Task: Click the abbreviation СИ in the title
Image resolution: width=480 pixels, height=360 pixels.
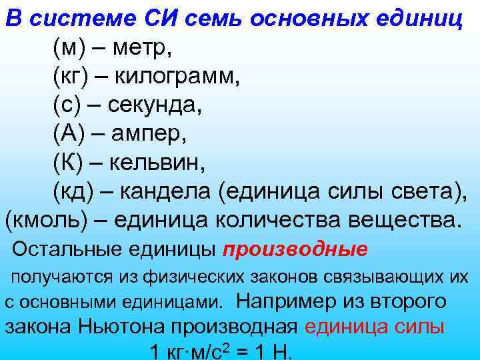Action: [x=169, y=18]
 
